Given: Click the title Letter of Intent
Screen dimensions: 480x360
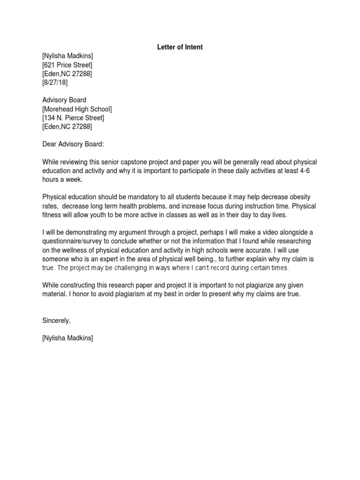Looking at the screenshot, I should click(x=180, y=47).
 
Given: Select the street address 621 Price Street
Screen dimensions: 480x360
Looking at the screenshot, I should click(x=67, y=65).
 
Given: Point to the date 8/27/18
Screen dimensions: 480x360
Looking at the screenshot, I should click(x=54, y=82).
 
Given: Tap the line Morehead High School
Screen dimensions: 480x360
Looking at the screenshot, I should click(x=77, y=109).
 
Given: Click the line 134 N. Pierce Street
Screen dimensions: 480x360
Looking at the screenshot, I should click(x=73, y=118).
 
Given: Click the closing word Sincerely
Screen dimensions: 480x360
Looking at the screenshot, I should click(x=56, y=321).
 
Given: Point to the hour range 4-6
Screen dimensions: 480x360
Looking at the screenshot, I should click(x=305, y=171).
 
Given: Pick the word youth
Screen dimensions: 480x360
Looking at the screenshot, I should click(x=105, y=215).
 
